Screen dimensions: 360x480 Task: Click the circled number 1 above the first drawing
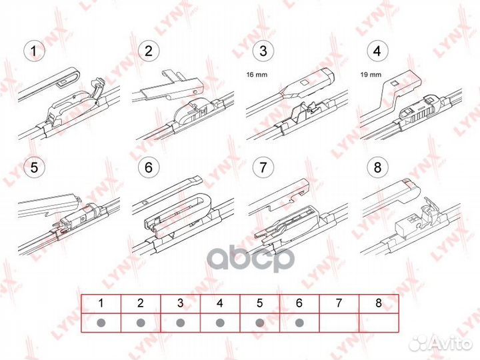click(x=31, y=50)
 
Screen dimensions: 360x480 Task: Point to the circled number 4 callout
click(x=377, y=50)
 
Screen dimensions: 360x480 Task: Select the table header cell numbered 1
click(x=101, y=303)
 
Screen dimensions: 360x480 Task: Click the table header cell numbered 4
click(x=219, y=303)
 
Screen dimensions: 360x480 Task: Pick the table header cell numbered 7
click(x=339, y=303)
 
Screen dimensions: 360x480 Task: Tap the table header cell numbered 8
click(x=379, y=303)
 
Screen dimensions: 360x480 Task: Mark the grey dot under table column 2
click(x=141, y=323)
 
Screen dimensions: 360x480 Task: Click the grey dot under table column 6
click(x=299, y=323)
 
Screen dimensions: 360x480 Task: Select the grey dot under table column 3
click(x=180, y=323)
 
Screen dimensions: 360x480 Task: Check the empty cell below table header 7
click(x=339, y=323)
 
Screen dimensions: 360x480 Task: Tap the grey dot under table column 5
click(x=259, y=323)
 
